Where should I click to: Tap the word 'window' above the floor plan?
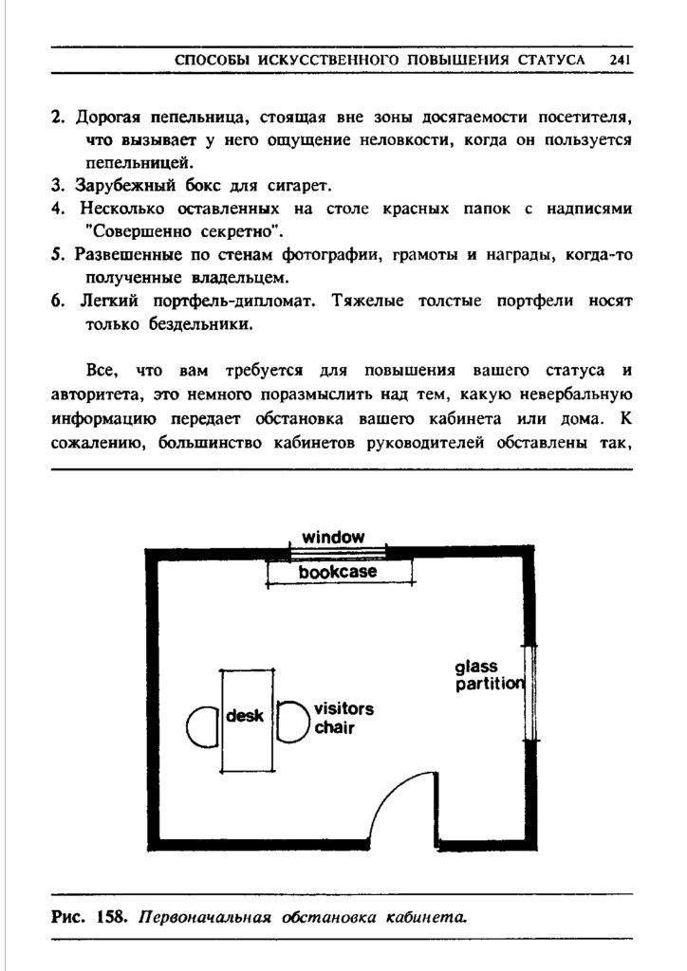point(333,538)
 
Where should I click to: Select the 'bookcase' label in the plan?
point(338,573)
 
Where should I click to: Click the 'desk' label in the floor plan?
point(244,717)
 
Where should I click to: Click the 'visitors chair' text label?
point(343,719)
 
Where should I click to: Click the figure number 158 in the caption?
point(111,917)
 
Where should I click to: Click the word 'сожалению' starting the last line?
point(98,440)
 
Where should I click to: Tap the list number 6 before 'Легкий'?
point(58,302)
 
